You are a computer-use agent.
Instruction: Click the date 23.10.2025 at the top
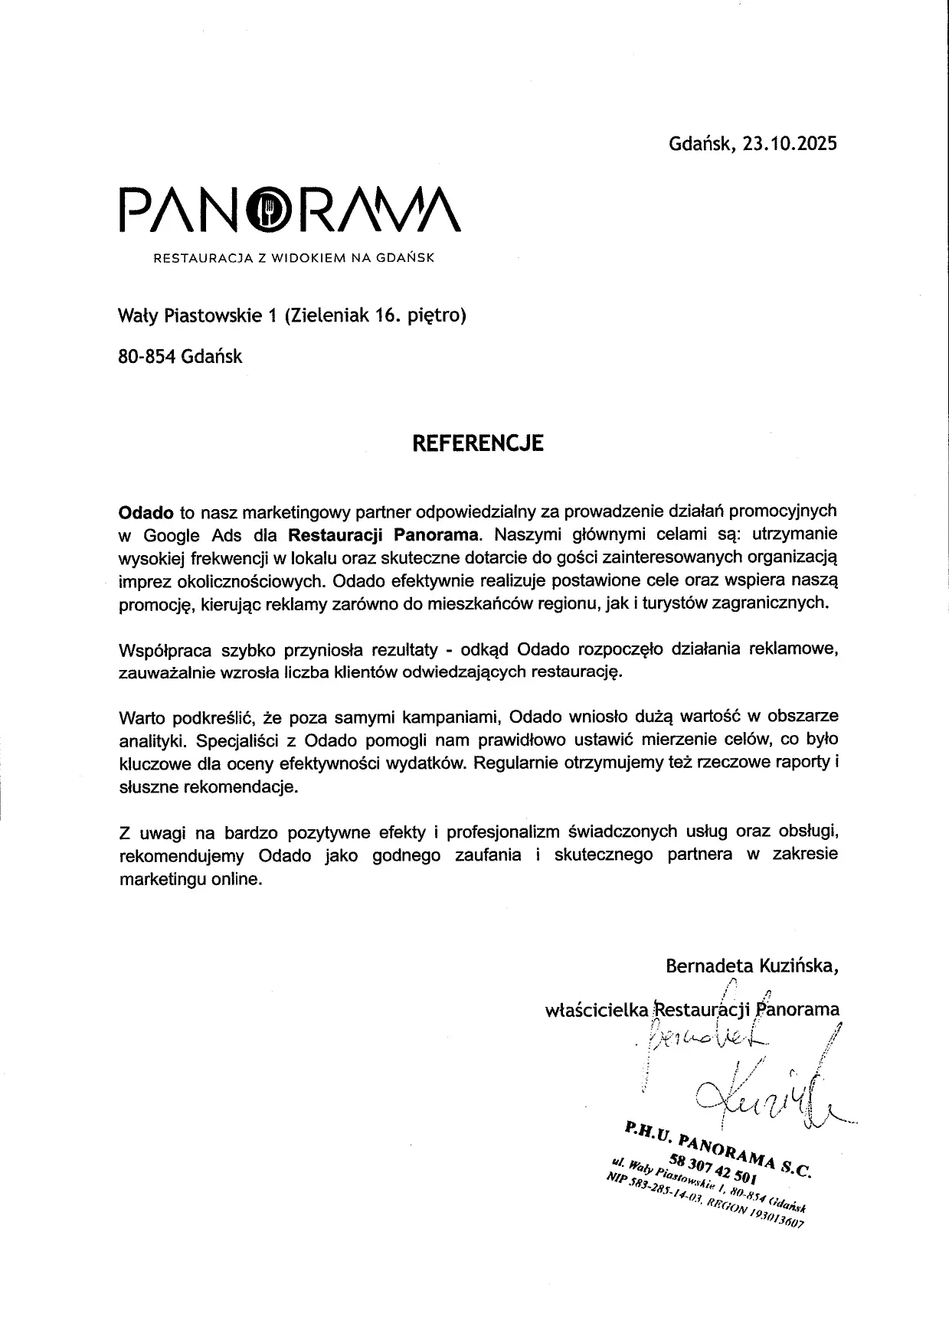coord(790,144)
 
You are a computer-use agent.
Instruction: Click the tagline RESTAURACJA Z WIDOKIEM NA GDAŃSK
coord(294,258)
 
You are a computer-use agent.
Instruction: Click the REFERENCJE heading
coord(478,443)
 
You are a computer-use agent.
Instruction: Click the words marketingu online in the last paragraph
coord(191,879)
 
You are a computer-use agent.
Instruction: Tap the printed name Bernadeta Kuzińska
coord(751,966)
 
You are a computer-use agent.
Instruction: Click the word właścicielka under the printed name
coord(596,1009)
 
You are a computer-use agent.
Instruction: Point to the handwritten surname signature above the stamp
coord(758,1103)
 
